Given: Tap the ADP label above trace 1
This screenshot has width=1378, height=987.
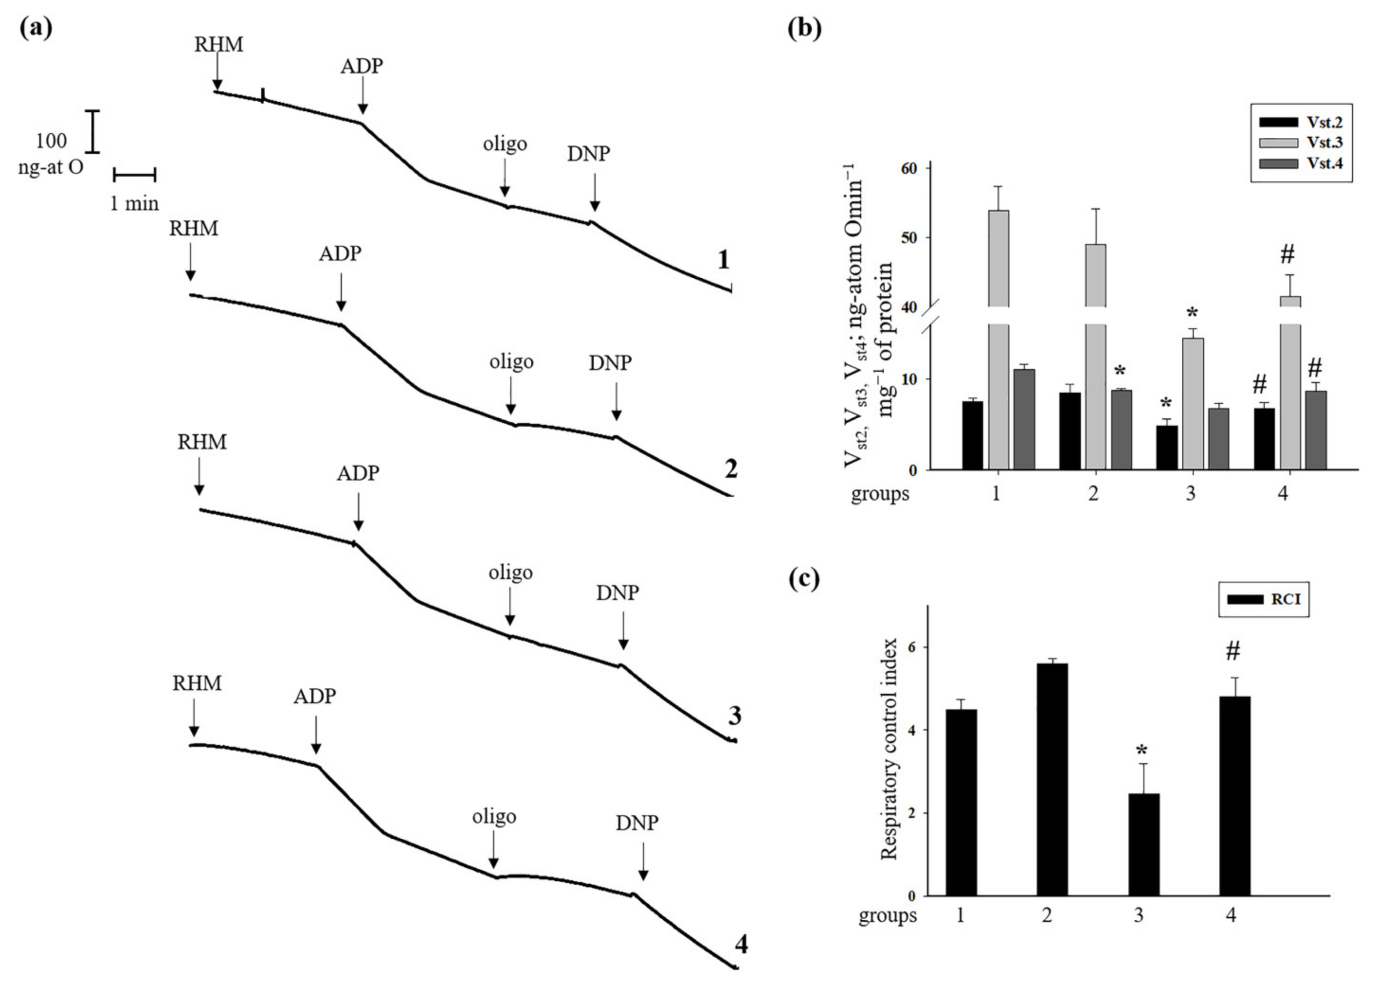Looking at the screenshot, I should [x=362, y=66].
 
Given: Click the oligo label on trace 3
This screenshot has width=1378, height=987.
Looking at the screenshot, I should [x=510, y=573].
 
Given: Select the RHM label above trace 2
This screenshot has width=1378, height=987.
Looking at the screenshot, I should [x=193, y=229].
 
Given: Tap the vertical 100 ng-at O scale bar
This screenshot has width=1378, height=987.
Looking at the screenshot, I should [x=92, y=131].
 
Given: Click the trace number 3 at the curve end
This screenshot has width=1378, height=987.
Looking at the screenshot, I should [x=734, y=717].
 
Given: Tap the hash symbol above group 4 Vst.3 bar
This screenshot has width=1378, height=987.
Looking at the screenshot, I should [x=1287, y=255].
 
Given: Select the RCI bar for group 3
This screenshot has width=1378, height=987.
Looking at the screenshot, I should [x=1144, y=844].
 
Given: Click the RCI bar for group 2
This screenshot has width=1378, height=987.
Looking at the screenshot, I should [x=1052, y=779].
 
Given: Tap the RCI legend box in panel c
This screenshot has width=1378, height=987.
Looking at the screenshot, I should [x=1263, y=600].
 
